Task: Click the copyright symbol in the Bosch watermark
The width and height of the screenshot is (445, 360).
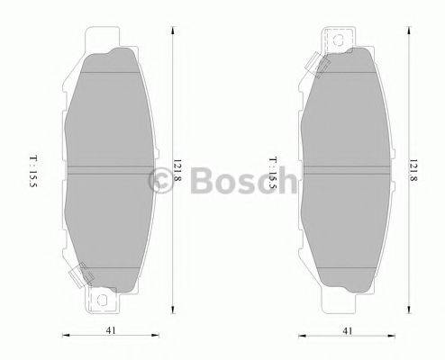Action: (159, 180)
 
